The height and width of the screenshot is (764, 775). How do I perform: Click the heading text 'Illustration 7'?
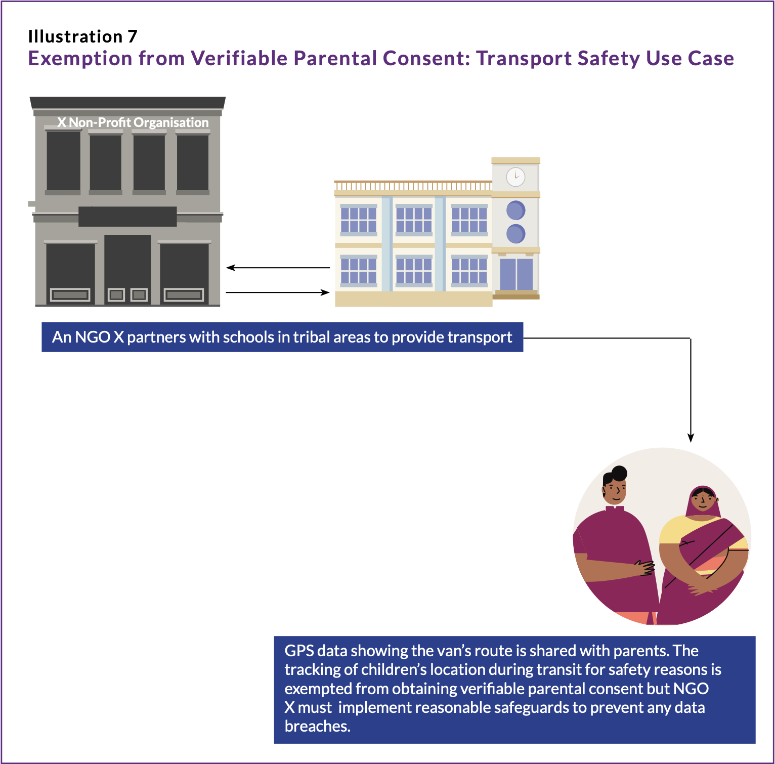pyautogui.click(x=82, y=36)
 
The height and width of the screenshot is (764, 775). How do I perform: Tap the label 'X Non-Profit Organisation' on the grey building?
pyautogui.click(x=133, y=122)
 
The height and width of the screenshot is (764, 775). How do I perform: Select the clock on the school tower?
pyautogui.click(x=515, y=177)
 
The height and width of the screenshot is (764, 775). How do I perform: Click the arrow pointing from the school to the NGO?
pyautogui.click(x=278, y=268)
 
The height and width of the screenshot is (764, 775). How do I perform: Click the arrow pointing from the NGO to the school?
pyautogui.click(x=278, y=292)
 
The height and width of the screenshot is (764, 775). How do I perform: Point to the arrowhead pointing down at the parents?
pyautogui.click(x=691, y=438)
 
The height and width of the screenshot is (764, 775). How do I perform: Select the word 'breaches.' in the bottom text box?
pyautogui.click(x=317, y=727)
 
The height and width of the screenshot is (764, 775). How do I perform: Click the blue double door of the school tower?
pyautogui.click(x=516, y=274)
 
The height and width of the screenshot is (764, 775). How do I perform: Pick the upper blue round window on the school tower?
pyautogui.click(x=515, y=210)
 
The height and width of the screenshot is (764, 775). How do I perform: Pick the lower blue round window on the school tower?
pyautogui.click(x=515, y=234)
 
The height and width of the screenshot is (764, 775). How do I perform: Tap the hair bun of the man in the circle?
pyautogui.click(x=619, y=473)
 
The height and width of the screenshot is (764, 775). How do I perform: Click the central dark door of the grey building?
pyautogui.click(x=127, y=268)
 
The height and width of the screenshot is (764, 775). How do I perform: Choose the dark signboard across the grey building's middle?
pyautogui.click(x=127, y=217)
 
